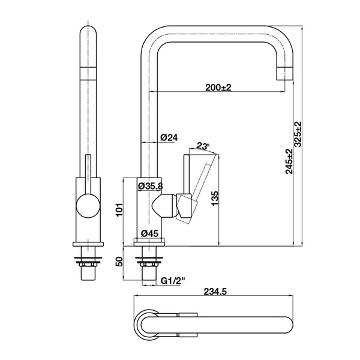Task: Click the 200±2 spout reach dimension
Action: tap(218, 88)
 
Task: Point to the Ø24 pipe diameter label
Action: tap(170, 137)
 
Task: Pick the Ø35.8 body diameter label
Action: tap(151, 186)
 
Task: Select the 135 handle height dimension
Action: tap(216, 199)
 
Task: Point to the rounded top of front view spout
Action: tap(88, 33)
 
